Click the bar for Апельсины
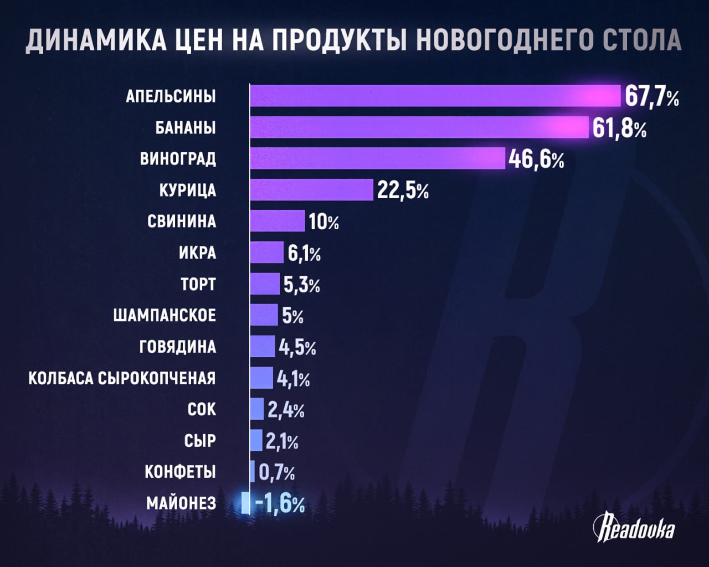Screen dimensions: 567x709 click(435, 96)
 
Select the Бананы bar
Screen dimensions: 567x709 click(419, 127)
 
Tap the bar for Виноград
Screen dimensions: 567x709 click(377, 158)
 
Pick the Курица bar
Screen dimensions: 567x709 click(311, 190)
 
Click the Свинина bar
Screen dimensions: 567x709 click(277, 221)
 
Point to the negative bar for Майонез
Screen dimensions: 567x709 click(245, 503)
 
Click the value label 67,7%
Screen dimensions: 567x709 click(651, 96)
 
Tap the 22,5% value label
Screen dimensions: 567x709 click(403, 190)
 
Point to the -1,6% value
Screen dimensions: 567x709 click(280, 504)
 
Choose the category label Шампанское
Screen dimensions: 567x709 click(165, 316)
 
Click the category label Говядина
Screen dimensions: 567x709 click(177, 347)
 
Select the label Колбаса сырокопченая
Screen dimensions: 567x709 click(122, 379)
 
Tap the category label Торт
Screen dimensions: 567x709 click(198, 285)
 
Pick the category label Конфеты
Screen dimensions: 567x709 click(180, 472)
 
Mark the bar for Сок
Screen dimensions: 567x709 click(257, 409)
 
